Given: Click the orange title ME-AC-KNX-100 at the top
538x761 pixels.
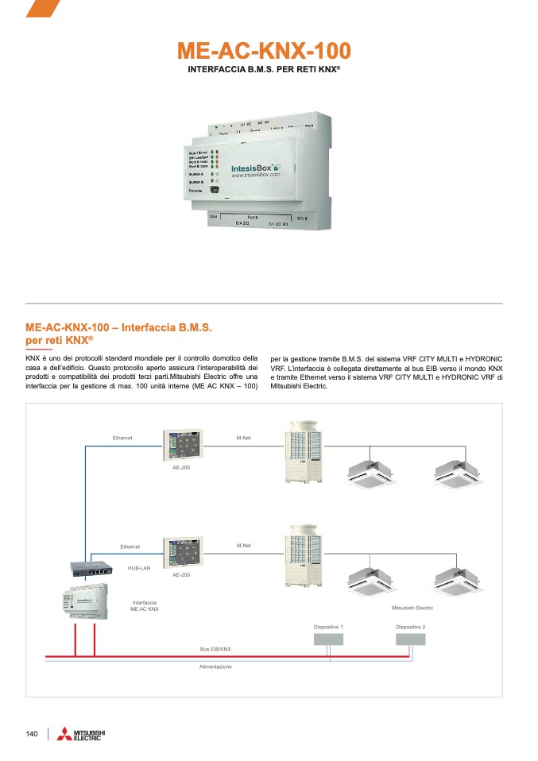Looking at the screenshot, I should click(x=263, y=52).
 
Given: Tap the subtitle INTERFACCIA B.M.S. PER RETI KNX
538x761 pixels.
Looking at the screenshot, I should click(x=263, y=70).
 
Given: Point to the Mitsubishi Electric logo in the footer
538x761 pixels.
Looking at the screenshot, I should click(x=82, y=735).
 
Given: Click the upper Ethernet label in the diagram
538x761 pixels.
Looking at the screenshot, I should click(x=122, y=438).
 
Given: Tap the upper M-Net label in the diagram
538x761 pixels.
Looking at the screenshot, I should click(x=244, y=438).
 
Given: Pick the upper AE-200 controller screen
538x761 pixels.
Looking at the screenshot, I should click(x=184, y=446).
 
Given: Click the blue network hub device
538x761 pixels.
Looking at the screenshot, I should click(x=93, y=569).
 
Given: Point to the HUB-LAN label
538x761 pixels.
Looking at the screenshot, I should click(x=139, y=569).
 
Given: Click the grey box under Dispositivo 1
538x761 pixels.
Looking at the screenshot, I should click(x=329, y=640).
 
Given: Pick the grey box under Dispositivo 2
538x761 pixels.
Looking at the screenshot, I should click(x=411, y=640).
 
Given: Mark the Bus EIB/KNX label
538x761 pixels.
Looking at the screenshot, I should click(x=215, y=649).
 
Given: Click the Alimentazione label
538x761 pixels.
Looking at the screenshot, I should click(x=215, y=666).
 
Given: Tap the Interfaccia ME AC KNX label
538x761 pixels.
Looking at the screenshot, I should click(x=145, y=606).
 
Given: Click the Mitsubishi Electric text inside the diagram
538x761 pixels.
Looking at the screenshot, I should click(x=412, y=608).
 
